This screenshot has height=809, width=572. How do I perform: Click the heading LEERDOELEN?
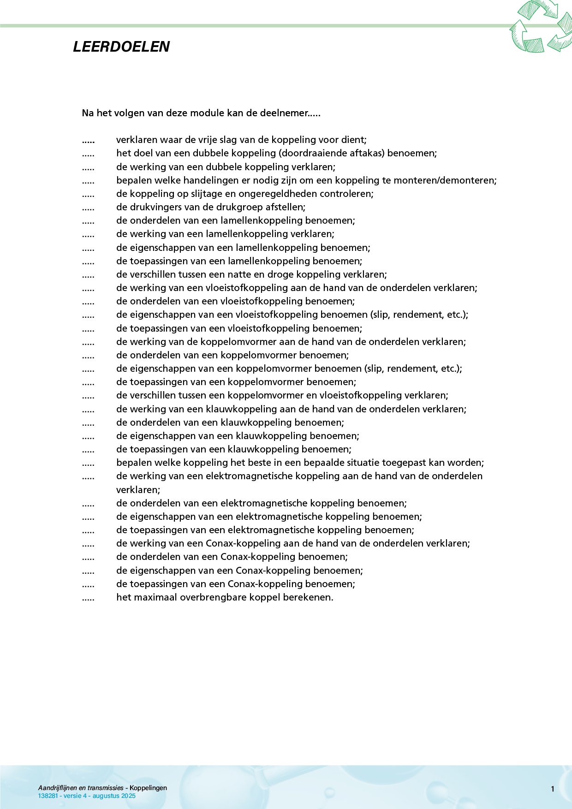(x=121, y=47)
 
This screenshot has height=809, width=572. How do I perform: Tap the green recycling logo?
(x=541, y=26)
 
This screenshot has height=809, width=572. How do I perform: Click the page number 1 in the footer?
(x=553, y=789)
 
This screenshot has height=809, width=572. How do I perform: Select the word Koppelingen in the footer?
(x=148, y=788)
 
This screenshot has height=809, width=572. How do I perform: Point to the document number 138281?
(x=48, y=796)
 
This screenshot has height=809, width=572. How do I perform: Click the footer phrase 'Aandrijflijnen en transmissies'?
(x=81, y=788)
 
